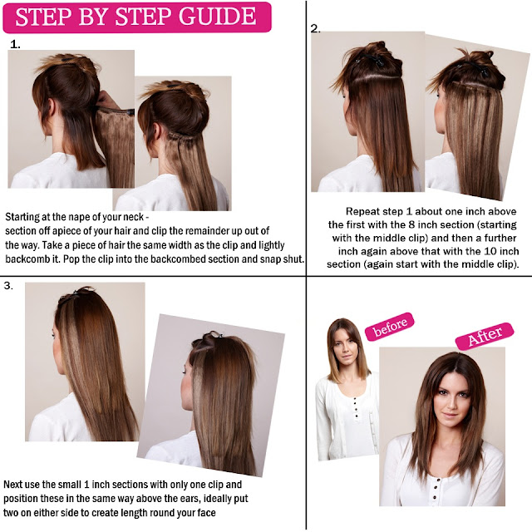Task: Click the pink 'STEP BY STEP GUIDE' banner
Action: [x=137, y=17]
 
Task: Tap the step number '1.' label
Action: [x=15, y=43]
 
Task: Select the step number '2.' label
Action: [x=315, y=28]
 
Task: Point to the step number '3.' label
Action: [x=10, y=286]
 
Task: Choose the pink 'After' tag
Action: [x=483, y=337]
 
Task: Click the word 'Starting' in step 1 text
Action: [x=25, y=214]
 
